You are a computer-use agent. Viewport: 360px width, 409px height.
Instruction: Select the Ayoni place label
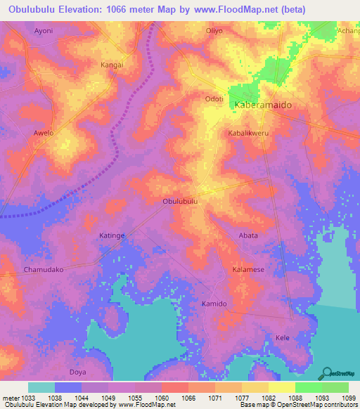pyautogui.click(x=44, y=32)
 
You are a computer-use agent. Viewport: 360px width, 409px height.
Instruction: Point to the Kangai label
pyautogui.click(x=112, y=65)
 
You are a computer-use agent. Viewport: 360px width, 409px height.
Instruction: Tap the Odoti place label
pyautogui.click(x=214, y=99)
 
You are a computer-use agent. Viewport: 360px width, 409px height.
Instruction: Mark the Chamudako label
pyautogui.click(x=44, y=270)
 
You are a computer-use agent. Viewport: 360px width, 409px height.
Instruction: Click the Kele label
pyautogui.click(x=282, y=338)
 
